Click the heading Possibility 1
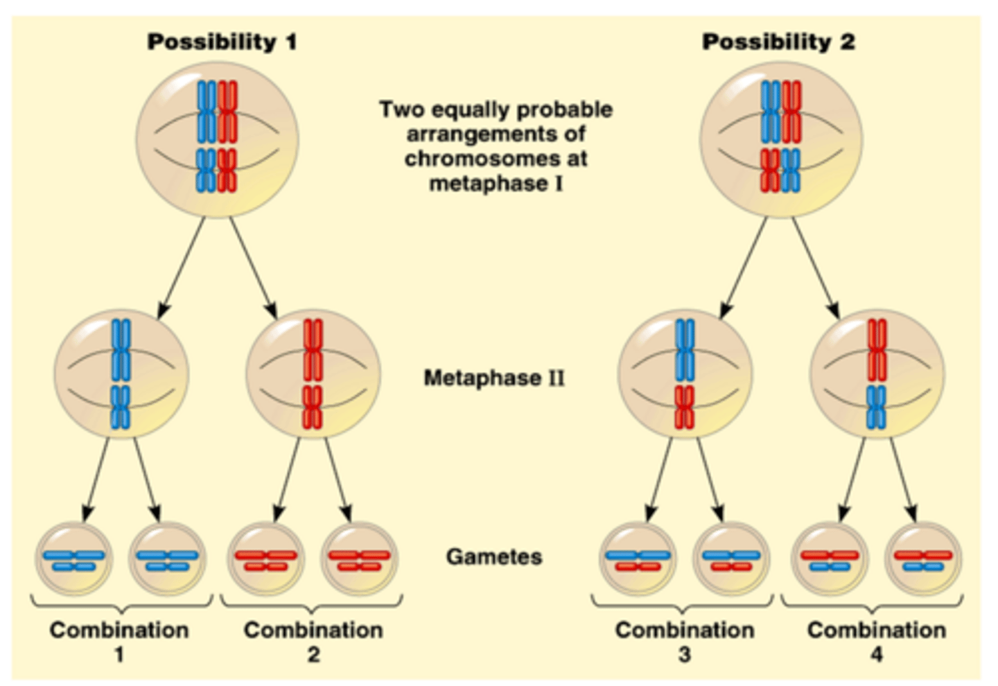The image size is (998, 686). coord(222,42)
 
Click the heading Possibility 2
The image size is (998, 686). coord(778,42)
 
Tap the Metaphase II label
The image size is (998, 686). coord(493,378)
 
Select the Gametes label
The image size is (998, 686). coord(493,556)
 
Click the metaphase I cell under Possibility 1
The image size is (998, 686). coord(217,139)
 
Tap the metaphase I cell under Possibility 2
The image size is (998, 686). coord(781,139)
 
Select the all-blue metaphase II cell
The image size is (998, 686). coord(121,374)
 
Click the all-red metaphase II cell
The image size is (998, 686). coord(313,374)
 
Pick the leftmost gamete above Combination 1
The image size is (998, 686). coord(73,558)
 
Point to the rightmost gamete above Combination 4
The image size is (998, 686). coord(924,558)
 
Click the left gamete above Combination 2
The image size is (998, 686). coord(266,558)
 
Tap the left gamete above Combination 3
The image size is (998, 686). coord(638,558)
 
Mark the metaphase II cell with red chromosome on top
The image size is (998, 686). coord(877,374)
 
